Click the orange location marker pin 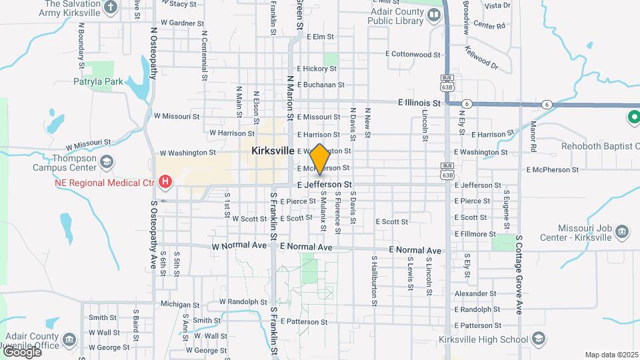point(320,159)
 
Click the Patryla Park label point(99,81)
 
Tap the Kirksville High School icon point(537,339)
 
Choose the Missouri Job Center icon point(622,231)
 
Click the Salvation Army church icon point(111,8)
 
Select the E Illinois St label point(419,103)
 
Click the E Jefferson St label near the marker point(324,184)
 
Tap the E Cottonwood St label point(413,54)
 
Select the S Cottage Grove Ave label point(519,273)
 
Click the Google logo point(21,351)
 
